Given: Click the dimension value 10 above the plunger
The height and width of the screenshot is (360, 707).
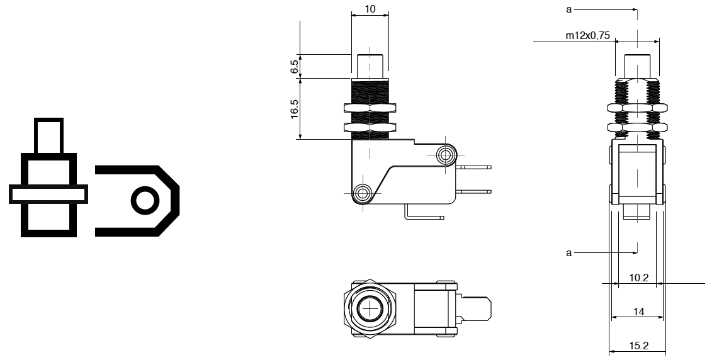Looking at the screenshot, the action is click(370, 9).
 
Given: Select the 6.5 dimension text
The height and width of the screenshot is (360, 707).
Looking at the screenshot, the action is click(294, 67).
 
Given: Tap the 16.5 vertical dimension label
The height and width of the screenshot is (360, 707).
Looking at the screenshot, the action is click(294, 109).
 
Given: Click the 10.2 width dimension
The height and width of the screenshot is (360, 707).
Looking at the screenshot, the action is click(638, 278).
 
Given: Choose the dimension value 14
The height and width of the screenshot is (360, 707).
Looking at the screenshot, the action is click(638, 312).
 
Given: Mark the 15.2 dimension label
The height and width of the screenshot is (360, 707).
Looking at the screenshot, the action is click(638, 346).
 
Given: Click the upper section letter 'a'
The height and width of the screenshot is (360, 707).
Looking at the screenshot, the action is click(568, 9).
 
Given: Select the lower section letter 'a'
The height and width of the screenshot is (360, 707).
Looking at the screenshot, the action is click(568, 253).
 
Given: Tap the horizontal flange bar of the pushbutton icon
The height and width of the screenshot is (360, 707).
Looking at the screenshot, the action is click(48, 194).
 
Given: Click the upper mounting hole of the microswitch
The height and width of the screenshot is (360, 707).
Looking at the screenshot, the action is click(446, 155).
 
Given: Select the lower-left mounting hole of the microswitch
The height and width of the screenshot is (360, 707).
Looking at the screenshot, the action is click(362, 193).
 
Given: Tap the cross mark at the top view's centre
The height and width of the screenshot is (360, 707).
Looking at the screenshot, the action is click(370, 308).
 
